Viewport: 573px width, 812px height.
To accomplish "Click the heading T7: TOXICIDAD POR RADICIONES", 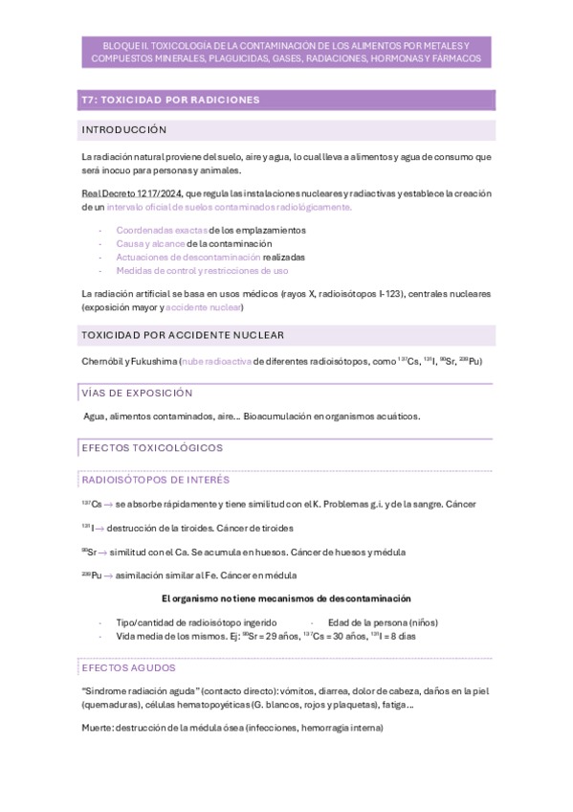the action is (x=170, y=100).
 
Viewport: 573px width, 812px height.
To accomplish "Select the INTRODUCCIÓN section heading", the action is (x=124, y=129).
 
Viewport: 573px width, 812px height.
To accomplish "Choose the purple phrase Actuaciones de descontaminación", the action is (x=187, y=257).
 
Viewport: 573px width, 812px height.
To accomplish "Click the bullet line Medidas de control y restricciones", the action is (x=202, y=270).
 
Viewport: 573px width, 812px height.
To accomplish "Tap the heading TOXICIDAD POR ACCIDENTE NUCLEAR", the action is (x=183, y=335).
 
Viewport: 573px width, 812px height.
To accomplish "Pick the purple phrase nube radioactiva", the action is (x=217, y=361).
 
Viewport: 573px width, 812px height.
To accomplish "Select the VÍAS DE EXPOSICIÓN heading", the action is (x=137, y=393).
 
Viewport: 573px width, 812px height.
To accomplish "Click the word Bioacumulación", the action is (x=277, y=416).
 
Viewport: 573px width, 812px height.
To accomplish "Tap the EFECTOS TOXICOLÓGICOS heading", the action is (x=152, y=447).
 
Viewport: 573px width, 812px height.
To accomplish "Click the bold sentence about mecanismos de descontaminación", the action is (x=287, y=598).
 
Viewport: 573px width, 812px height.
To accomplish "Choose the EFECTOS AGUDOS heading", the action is (x=128, y=667).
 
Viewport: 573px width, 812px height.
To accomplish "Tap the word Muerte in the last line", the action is (x=98, y=727).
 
